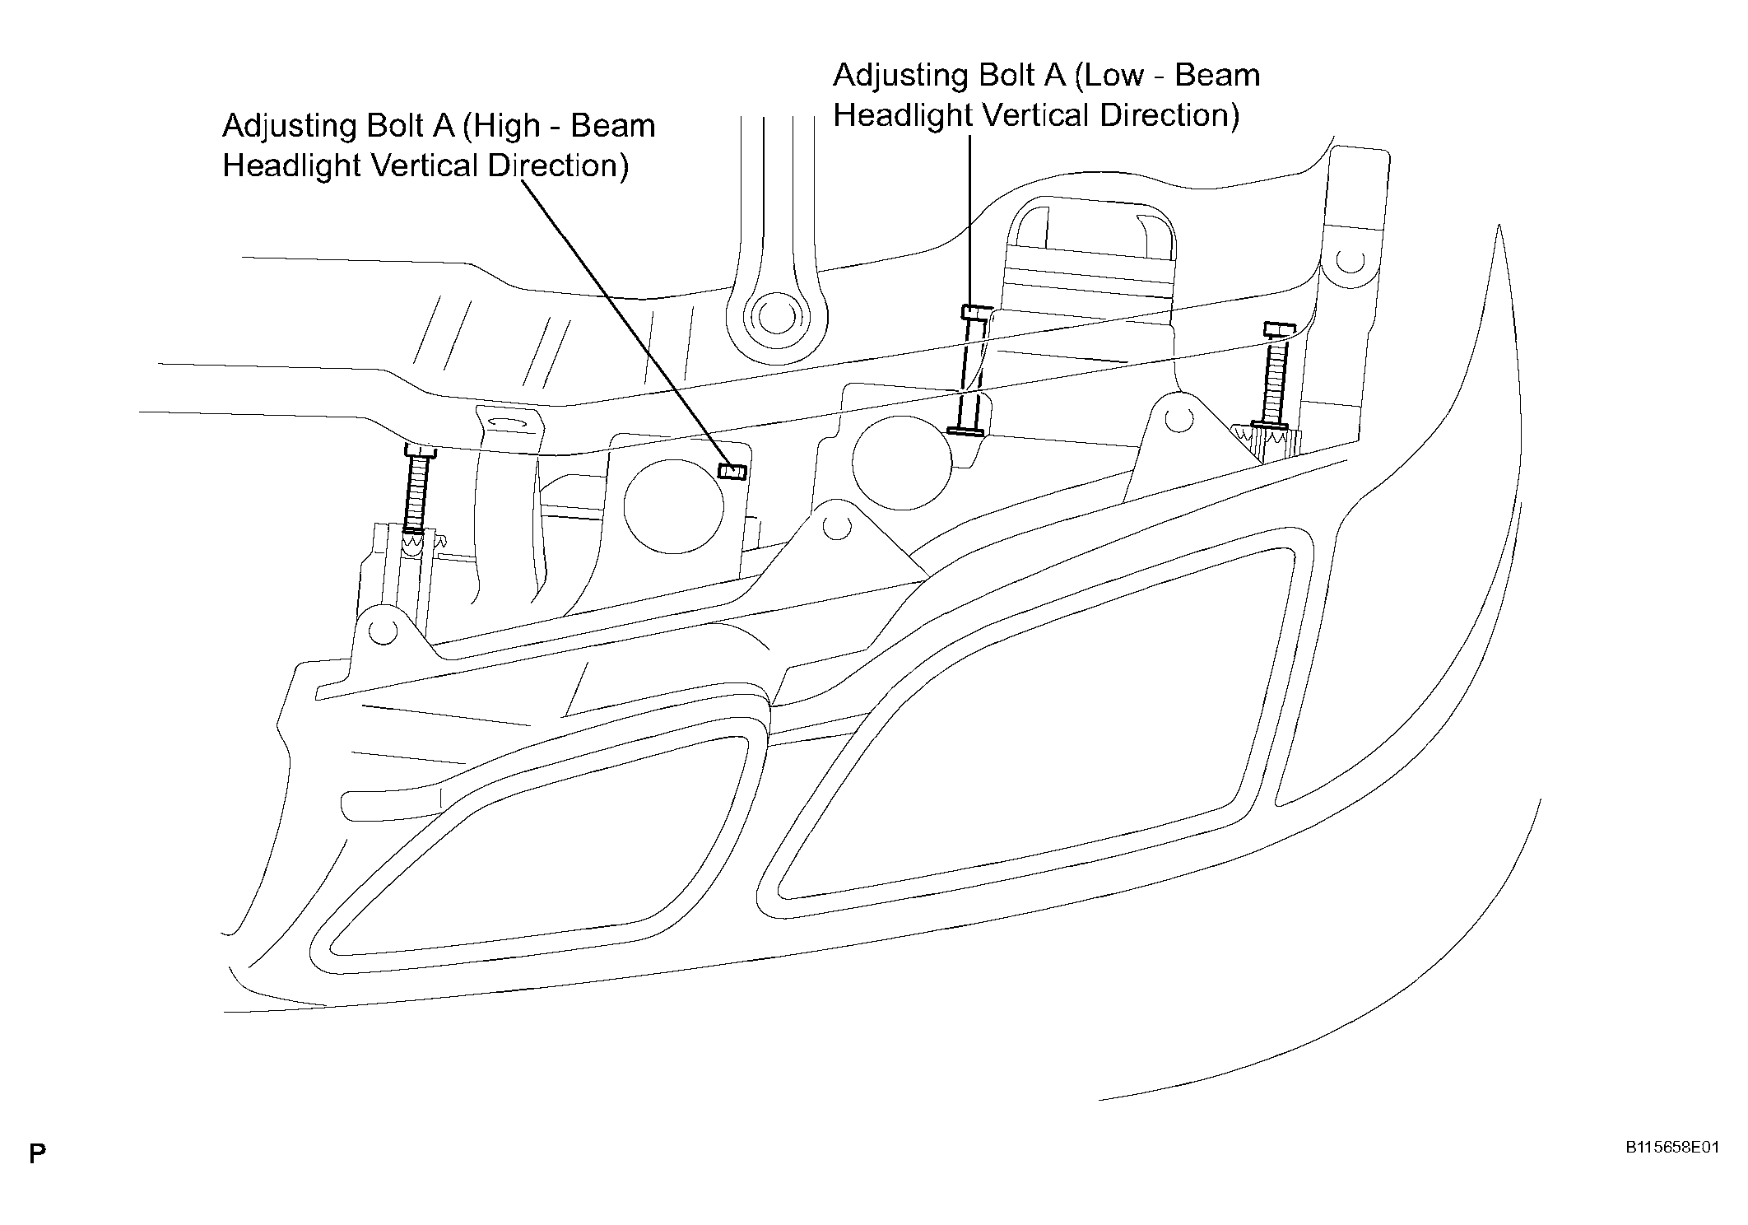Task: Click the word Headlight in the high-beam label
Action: [291, 165]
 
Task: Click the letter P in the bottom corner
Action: [37, 1153]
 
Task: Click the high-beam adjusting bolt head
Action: [732, 470]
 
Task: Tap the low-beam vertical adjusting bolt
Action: [971, 370]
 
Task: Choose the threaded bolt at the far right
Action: [1272, 376]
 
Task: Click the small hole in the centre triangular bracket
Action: [837, 527]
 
